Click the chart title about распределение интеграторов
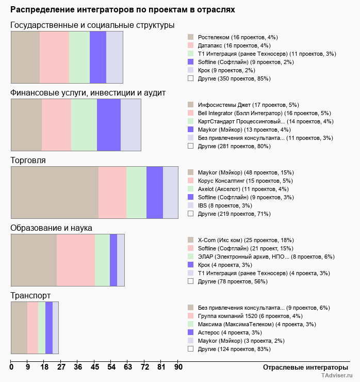[x=123, y=10]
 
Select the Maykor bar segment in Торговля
[x=55, y=193]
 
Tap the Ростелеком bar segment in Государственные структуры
[x=25, y=57]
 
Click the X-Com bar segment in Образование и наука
[x=34, y=260]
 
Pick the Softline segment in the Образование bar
[x=76, y=260]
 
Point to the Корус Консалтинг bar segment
[x=112, y=193]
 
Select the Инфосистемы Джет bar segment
[x=26, y=125]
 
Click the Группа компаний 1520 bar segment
[x=32, y=328]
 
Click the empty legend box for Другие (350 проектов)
[x=190, y=78]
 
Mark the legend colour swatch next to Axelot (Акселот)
[x=190, y=189]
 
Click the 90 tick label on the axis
[x=178, y=367]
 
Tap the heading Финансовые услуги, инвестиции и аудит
[x=88, y=93]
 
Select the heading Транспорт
[x=30, y=296]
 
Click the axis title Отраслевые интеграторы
[x=302, y=367]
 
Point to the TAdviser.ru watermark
[x=337, y=376]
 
